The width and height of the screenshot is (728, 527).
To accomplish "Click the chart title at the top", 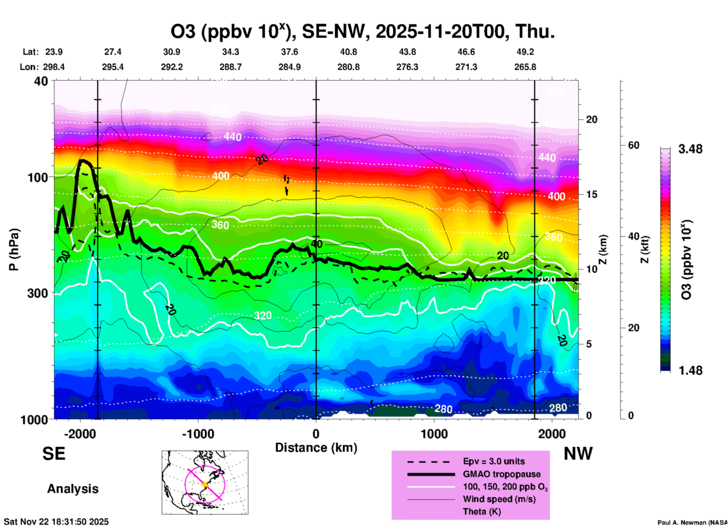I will click(363, 32).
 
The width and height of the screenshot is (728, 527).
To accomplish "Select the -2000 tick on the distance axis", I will click(80, 434).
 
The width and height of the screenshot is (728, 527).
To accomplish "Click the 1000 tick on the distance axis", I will click(434, 434).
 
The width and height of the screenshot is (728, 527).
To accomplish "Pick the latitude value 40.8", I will click(349, 52).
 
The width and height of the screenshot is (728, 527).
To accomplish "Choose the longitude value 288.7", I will click(231, 67).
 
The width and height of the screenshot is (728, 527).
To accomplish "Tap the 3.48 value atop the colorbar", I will click(690, 149).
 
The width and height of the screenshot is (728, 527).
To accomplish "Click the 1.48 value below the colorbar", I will click(690, 370).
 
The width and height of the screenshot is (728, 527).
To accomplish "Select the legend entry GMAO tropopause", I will click(502, 474).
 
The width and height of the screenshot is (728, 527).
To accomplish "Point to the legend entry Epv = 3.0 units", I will click(494, 461).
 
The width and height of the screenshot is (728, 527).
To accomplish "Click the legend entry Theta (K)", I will click(482, 511).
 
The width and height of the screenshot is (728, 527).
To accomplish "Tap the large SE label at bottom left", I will click(54, 454).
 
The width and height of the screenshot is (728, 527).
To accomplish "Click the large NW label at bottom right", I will click(578, 454).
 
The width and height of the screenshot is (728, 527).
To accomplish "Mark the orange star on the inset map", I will click(205, 484).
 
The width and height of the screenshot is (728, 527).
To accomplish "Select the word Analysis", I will click(73, 489).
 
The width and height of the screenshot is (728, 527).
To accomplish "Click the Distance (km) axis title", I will click(316, 448).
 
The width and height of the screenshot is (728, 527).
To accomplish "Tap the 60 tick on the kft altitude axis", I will click(634, 145).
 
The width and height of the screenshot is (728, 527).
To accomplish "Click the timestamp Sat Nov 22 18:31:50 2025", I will click(56, 522).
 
